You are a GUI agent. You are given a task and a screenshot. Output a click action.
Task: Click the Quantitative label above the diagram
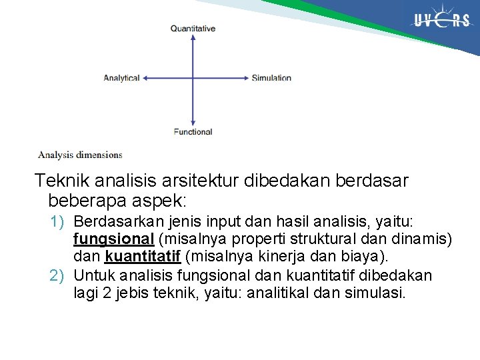pos(193,29)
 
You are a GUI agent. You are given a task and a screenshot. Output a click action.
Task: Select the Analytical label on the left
pos(121,78)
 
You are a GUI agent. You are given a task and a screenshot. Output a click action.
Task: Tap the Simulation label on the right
pos(271,78)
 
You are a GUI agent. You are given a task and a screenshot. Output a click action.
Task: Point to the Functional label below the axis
pos(193,132)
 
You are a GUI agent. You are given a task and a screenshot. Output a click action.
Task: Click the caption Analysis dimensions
pos(80,155)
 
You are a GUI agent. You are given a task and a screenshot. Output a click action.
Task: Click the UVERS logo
pos(441,21)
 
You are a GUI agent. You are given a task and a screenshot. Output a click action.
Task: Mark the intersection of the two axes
pos(193,78)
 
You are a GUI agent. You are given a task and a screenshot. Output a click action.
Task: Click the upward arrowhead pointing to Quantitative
pos(193,37)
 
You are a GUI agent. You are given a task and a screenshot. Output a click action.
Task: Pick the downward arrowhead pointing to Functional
pos(193,123)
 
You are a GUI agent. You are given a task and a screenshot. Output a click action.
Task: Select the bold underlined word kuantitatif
pos(143,257)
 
